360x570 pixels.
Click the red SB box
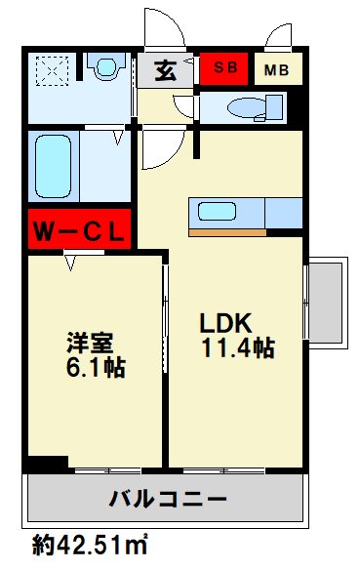point(224,69)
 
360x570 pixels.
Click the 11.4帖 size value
point(237,347)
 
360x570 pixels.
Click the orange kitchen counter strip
point(225,232)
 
